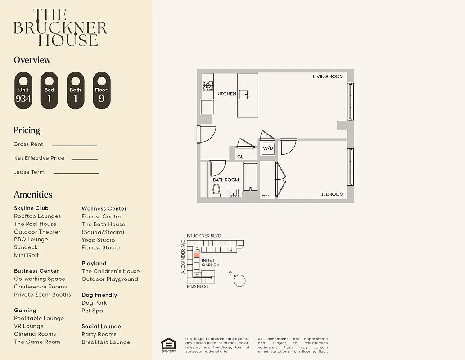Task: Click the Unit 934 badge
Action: (23, 90)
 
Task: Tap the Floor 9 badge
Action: (101, 90)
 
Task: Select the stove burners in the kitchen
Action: (208, 86)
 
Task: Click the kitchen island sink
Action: (244, 94)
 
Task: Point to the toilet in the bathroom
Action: (216, 190)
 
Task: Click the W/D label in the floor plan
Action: (268, 148)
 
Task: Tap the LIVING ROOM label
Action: (328, 77)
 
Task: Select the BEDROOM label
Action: (332, 194)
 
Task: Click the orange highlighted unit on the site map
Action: (196, 255)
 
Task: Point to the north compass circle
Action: (240, 281)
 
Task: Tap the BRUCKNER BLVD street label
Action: (204, 236)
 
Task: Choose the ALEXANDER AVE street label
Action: (183, 257)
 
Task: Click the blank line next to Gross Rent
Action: (74, 145)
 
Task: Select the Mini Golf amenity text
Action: (26, 255)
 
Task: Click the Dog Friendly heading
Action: (99, 295)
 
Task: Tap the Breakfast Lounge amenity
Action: (106, 342)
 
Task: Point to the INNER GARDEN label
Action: (210, 263)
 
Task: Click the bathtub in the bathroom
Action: (250, 179)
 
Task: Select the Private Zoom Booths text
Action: (42, 295)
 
